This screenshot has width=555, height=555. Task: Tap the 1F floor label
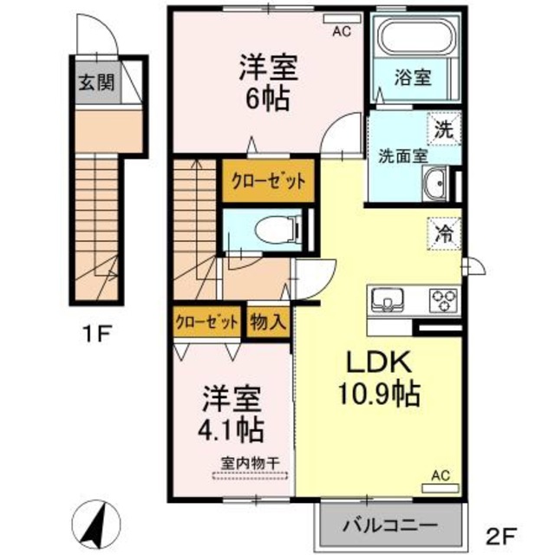97,330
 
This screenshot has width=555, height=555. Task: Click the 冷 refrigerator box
443,232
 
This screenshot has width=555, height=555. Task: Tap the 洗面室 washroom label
402,157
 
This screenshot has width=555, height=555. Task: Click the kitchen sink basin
387,301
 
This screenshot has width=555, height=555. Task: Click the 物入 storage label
269,323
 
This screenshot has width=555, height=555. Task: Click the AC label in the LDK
440,475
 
